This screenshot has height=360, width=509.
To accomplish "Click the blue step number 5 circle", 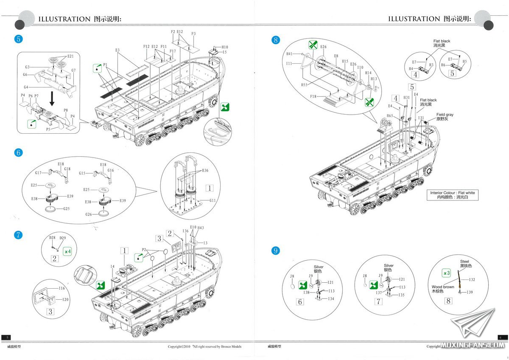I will click(18, 39).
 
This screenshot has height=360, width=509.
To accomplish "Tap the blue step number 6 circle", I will click(18, 153).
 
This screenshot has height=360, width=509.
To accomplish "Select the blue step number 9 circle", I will click(276, 250).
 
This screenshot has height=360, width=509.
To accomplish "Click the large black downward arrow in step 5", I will click(52, 98).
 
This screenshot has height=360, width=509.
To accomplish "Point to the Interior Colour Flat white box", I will click(453, 195).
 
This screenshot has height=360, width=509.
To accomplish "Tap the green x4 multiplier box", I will click(67, 251).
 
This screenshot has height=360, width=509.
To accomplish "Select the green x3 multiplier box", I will click(446, 272).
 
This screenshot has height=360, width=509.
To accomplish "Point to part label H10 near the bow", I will click(225, 47).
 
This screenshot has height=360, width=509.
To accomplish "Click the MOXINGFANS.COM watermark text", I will click(471, 345).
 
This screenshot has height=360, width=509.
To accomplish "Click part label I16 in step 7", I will click(62, 288).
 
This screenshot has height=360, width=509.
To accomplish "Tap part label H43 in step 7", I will click(201, 228).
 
